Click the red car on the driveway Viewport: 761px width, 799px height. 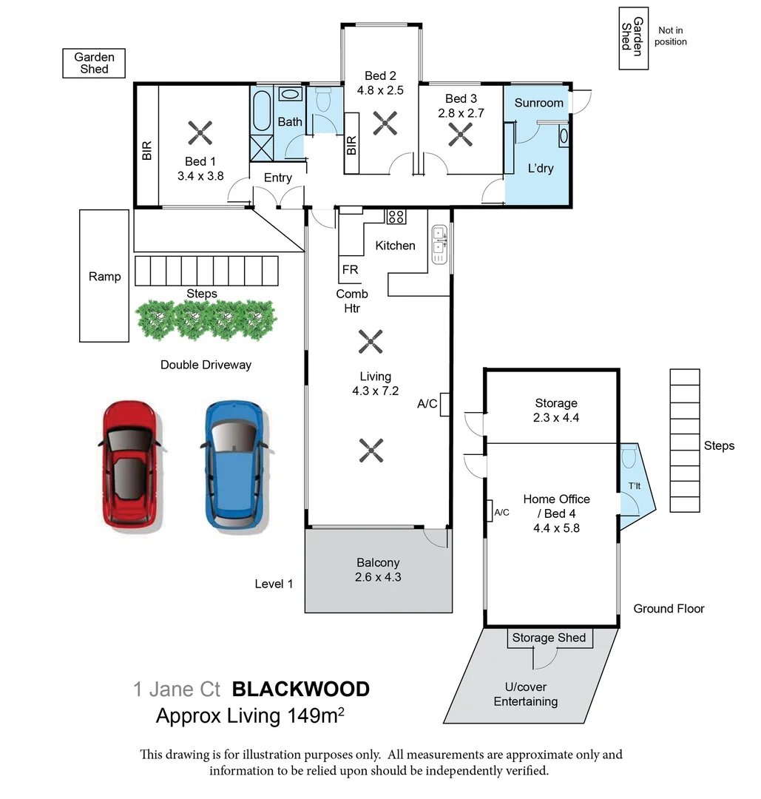pyautogui.click(x=129, y=465)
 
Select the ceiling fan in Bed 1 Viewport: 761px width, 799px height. pyautogui.click(x=200, y=133)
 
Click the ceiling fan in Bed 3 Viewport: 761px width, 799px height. pyautogui.click(x=461, y=134)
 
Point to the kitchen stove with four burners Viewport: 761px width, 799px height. pyautogui.click(x=396, y=216)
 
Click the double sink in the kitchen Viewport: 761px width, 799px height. pyautogui.click(x=439, y=245)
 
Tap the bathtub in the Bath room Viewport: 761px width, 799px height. pyautogui.click(x=262, y=110)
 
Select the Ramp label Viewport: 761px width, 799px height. pyautogui.click(x=104, y=277)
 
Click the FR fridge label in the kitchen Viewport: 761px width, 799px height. pyautogui.click(x=350, y=270)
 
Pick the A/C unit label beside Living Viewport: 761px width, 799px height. pyautogui.click(x=427, y=404)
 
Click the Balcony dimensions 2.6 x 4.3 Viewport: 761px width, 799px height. pyautogui.click(x=378, y=577)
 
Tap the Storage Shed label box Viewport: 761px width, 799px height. pyautogui.click(x=549, y=638)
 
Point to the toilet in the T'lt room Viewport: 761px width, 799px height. pyautogui.click(x=629, y=459)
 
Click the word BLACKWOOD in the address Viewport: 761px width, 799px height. pyautogui.click(x=301, y=690)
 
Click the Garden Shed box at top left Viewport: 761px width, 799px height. pyautogui.click(x=94, y=63)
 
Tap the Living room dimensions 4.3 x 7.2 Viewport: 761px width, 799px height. pyautogui.click(x=376, y=391)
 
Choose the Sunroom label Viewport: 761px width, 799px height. pyautogui.click(x=538, y=103)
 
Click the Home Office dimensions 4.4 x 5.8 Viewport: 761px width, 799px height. pyautogui.click(x=556, y=528)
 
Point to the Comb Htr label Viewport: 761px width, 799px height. pyautogui.click(x=352, y=301)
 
